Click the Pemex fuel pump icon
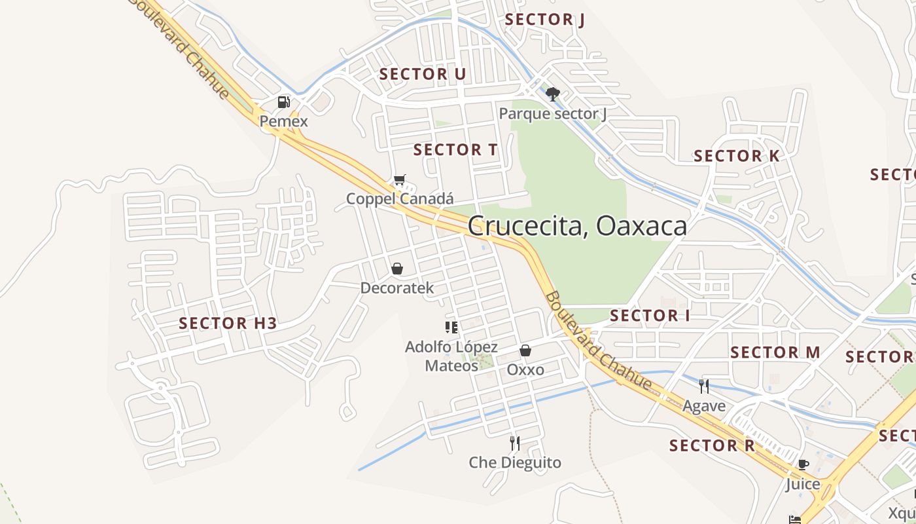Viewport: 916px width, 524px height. coord(283,102)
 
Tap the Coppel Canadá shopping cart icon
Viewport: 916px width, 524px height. coord(399,179)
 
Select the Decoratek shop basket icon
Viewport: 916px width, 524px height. coord(396,269)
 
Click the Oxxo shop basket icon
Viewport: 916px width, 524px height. coord(525,350)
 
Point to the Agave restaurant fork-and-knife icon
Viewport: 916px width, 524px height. coord(704,386)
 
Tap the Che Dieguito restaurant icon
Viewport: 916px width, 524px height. coord(515,443)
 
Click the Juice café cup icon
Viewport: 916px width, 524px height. coord(803,464)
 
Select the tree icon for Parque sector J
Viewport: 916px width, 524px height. coord(553,94)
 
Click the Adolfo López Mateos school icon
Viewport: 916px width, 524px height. coord(451,327)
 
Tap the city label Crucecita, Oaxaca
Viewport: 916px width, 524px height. coord(577,226)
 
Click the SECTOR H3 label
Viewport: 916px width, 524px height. coord(228,323)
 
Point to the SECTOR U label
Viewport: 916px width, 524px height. coord(423,74)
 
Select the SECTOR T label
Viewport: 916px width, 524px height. coord(455,150)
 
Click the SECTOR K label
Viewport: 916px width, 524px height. coord(737,156)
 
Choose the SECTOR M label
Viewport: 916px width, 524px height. coord(775,352)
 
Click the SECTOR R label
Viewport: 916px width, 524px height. coord(712,446)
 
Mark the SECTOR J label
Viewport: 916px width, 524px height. coord(545,20)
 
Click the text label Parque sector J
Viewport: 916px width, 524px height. coord(553,114)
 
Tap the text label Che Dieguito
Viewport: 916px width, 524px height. coord(515,462)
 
